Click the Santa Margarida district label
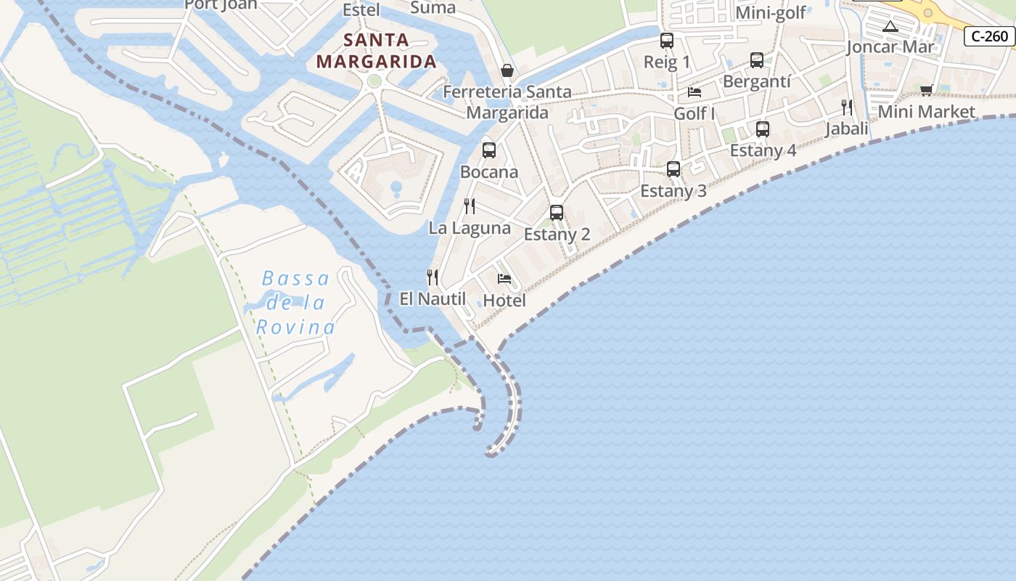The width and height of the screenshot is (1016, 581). (376, 51)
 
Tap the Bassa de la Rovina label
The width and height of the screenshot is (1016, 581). (295, 303)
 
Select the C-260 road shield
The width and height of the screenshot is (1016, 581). (989, 36)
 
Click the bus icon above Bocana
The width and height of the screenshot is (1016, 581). (489, 150)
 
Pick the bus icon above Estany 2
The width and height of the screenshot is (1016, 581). (557, 213)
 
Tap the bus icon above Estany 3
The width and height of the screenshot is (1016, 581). (673, 169)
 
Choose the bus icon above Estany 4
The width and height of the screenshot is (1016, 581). (763, 129)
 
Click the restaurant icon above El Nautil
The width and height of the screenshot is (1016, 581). (433, 277)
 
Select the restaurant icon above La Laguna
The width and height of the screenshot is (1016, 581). (470, 206)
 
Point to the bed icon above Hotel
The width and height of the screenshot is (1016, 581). (504, 279)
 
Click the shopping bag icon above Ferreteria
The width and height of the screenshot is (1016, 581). (507, 70)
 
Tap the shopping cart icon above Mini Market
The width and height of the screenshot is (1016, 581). (926, 90)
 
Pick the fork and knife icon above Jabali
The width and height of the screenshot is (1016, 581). (846, 107)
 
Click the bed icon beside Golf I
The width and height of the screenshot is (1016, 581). (695, 92)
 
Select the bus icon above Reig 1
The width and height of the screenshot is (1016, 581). (667, 41)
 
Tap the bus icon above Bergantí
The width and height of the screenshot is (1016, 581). (757, 60)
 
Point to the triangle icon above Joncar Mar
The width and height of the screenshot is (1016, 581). (890, 27)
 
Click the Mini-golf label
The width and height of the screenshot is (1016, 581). (771, 12)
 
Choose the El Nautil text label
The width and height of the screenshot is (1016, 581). (433, 298)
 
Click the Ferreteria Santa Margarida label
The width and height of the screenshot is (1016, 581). (507, 102)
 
